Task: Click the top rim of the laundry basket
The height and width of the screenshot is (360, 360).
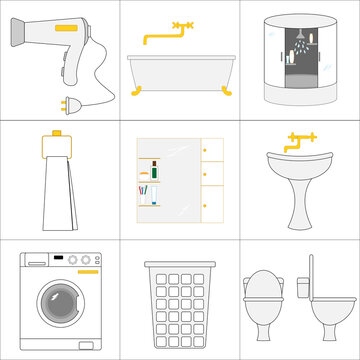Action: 179,265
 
